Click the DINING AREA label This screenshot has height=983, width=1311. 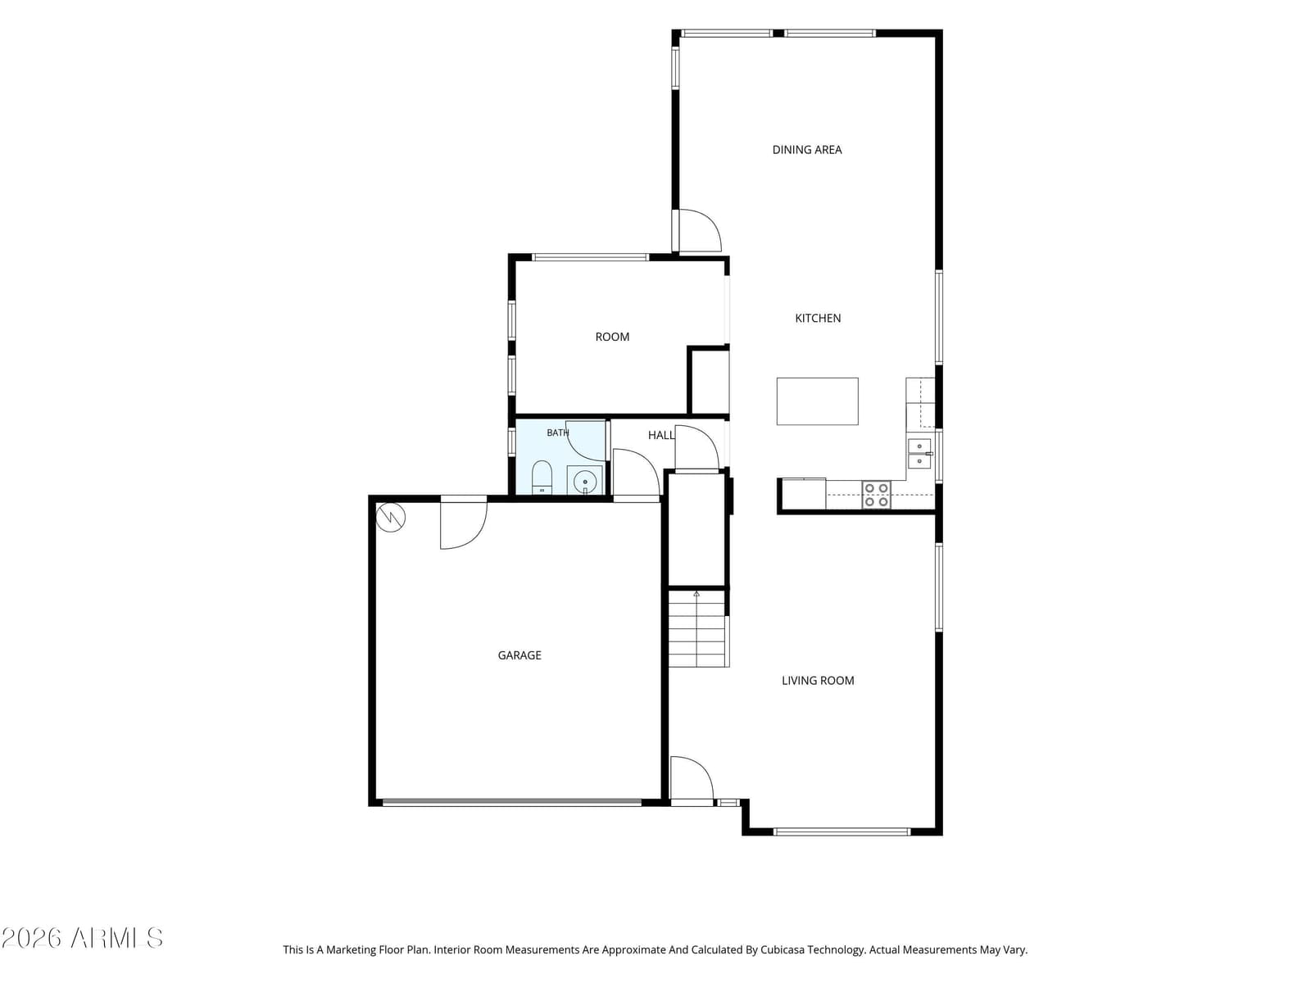806,150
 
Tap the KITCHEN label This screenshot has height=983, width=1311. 817,318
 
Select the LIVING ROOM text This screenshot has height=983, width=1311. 817,681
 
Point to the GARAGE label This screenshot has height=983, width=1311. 519,655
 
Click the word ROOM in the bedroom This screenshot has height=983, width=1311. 611,337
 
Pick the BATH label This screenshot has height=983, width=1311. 557,433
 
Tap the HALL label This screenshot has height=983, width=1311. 660,435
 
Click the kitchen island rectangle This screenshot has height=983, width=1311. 816,401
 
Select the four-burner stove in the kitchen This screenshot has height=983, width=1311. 876,495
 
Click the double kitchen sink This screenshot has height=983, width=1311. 919,454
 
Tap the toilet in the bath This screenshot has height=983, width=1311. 541,478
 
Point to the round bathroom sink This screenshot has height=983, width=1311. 584,481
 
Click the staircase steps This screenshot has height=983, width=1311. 697,627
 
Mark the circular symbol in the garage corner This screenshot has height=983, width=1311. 391,517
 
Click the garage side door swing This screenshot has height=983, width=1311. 463,523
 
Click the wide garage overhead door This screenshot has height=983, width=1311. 512,803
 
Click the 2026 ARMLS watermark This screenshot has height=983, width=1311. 82,938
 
